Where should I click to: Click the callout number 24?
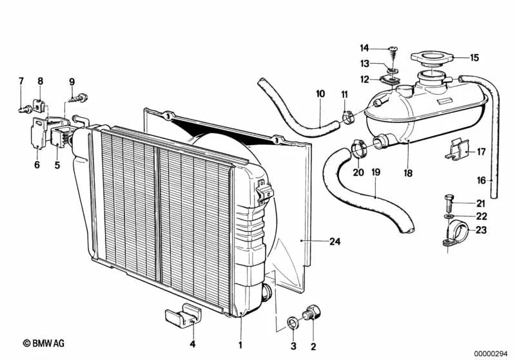click(334, 242)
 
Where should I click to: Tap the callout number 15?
click(474, 58)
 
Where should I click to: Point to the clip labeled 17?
click(454, 152)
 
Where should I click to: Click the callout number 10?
click(320, 94)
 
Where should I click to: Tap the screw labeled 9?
click(80, 99)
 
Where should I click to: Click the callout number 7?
click(21, 81)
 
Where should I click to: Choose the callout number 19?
click(376, 173)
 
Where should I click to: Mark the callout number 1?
click(240, 345)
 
